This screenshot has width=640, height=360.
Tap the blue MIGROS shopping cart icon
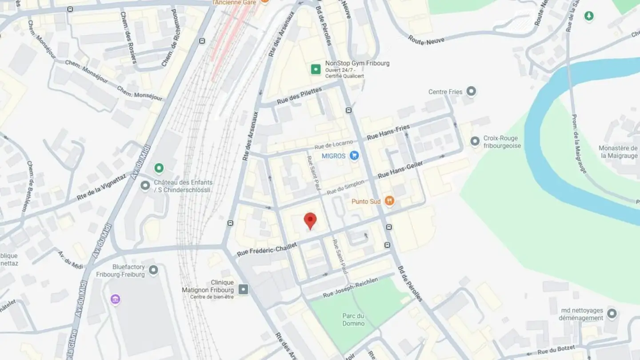click(354, 156)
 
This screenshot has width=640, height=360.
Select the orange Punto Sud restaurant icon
click(389, 201)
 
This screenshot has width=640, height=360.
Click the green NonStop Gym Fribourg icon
click(316, 69)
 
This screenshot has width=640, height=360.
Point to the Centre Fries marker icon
click(471, 92)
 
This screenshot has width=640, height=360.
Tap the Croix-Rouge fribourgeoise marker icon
click(475, 141)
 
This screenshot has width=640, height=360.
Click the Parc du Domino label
click(353, 320)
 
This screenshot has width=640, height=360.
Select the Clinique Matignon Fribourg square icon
click(243, 290)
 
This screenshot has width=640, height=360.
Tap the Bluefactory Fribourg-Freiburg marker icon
click(153, 270)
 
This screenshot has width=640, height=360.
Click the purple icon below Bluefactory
click(116, 299)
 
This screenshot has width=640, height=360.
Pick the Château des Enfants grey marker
click(145, 185)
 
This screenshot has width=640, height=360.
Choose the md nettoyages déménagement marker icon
click(612, 313)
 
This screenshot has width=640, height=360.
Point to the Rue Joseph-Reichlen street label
click(351, 288)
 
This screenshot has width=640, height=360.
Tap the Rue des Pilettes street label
click(299, 96)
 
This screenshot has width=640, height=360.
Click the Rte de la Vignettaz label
click(101, 187)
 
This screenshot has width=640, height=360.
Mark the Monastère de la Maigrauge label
click(618, 152)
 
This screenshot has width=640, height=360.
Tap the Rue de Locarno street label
click(333, 145)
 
